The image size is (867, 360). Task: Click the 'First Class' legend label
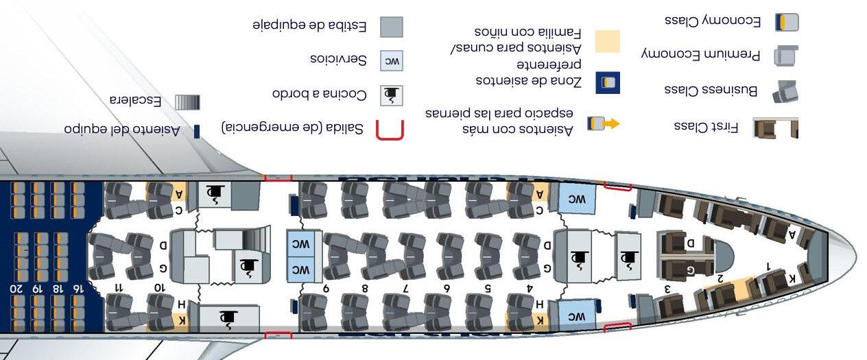coord(706,127)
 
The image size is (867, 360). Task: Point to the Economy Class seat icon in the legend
coord(787,22)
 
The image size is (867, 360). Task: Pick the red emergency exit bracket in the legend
coord(390,130)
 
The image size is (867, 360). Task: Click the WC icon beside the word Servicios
coord(391,60)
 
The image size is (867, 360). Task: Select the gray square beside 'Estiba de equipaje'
coord(391,27)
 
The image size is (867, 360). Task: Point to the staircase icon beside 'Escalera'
coord(187,102)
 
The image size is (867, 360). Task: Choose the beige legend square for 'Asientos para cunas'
coord(606,41)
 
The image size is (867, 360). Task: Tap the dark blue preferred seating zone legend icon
coord(607,83)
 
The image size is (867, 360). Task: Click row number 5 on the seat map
coord(488,288)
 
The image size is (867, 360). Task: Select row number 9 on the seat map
coord(326,288)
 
